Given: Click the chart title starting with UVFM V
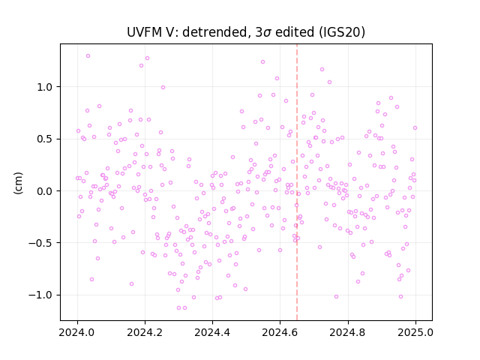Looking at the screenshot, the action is point(246,32).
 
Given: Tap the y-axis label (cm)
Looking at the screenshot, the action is point(18,183).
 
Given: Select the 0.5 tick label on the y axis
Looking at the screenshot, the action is point(45,139).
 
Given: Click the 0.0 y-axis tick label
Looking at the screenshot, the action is point(45,191).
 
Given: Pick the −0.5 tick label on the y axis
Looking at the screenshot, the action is point(41,243).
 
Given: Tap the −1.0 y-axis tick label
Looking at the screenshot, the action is point(41,295).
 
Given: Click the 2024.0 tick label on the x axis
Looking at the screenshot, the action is point(77,332).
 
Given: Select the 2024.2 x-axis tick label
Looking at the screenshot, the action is point(145,332).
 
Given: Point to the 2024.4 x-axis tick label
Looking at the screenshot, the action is point(212,332).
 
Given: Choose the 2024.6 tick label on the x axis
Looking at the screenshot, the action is point(280,332).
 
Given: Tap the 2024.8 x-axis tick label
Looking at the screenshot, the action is point(348,332).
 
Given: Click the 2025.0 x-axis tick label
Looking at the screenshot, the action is point(415,332).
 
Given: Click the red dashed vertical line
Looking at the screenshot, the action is point(297,182).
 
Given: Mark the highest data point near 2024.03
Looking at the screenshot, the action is point(88,56).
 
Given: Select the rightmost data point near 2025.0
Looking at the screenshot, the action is point(415,128).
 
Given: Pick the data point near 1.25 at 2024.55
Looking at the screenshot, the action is point(262,61).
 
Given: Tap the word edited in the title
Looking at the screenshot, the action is point(295,32).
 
